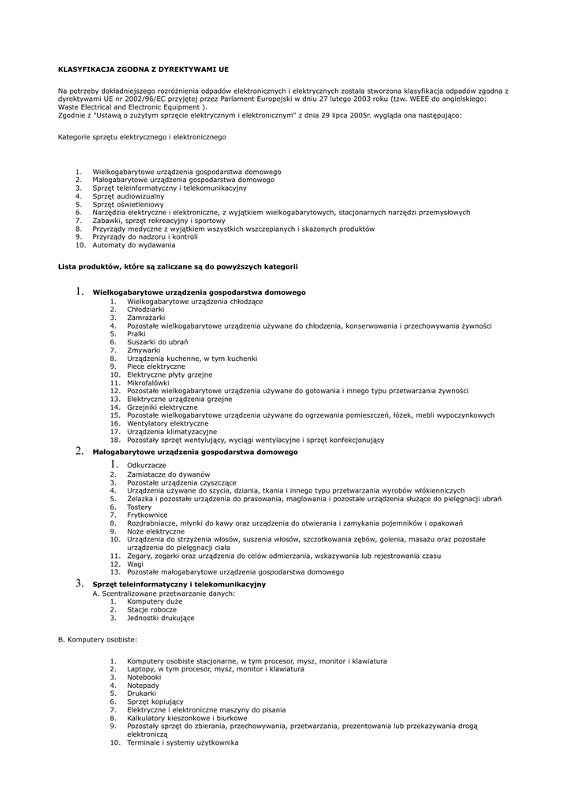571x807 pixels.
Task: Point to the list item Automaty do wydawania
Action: point(133,245)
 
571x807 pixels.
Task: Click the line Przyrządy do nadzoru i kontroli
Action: point(145,236)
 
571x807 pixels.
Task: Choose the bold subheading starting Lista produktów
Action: point(178,266)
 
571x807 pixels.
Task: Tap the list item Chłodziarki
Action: point(146,309)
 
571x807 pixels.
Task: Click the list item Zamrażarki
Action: point(146,317)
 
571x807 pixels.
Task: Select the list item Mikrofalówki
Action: point(148,382)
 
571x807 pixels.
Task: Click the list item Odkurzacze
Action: point(147,466)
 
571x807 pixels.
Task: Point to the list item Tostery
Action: point(140,507)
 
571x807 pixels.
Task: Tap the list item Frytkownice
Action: point(147,515)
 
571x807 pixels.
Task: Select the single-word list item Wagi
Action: point(136,563)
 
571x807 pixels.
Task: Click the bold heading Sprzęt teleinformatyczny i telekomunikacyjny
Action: point(179,584)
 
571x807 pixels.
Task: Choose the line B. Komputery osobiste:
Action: point(98,638)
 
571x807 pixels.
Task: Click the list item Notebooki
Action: point(144,677)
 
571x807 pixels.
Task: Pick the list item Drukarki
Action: point(142,694)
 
